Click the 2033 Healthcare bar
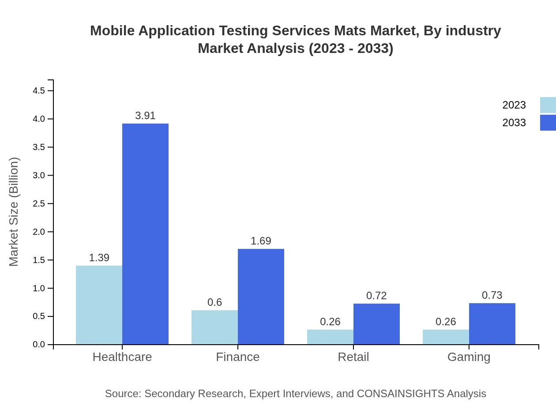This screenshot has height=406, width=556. tap(145, 234)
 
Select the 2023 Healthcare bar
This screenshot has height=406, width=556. tap(99, 305)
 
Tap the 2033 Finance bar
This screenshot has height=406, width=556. tap(261, 297)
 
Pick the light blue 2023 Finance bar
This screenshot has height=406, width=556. tap(214, 327)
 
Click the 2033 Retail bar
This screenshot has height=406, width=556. tap(376, 324)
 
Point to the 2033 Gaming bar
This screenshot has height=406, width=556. tap(492, 324)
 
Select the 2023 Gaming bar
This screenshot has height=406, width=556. tap(446, 337)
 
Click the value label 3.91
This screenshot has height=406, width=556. tap(145, 116)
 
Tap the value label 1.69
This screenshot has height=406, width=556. tap(261, 241)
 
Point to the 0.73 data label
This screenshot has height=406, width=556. tap(492, 295)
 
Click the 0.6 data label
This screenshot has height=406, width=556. tap(214, 302)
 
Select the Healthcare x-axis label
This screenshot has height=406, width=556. tap(122, 357)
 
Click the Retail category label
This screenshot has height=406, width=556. tap(353, 357)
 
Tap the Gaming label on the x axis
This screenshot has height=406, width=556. tap(469, 357)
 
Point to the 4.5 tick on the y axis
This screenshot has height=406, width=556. tap(39, 91)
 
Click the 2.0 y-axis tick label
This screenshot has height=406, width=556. tap(39, 232)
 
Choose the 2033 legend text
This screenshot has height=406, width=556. tap(514, 123)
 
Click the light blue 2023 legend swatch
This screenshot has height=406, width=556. tap(548, 105)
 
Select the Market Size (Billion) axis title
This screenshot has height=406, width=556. tap(14, 212)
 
